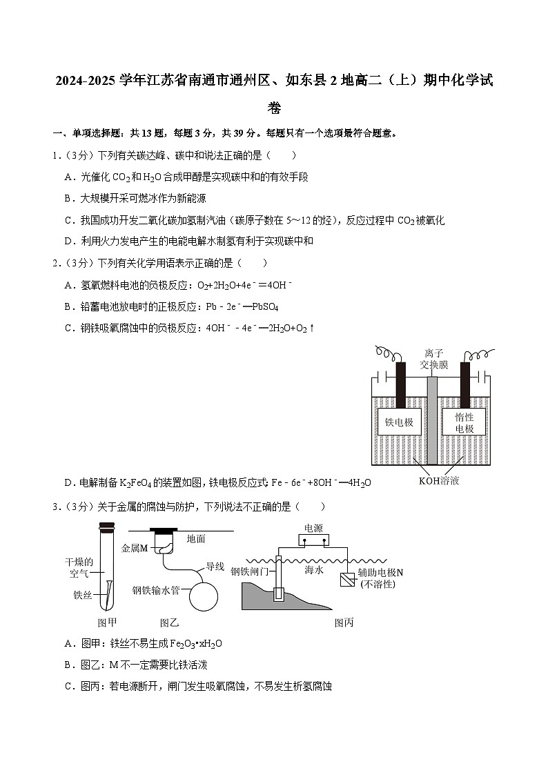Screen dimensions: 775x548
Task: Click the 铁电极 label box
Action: tap(399, 422)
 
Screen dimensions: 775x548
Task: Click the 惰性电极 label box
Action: tap(464, 422)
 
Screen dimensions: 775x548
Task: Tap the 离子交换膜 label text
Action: tap(434, 359)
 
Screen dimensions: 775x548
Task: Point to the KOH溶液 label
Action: tap(438, 480)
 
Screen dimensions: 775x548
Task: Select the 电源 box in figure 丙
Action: tap(313, 537)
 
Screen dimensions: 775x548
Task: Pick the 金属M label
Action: tap(135, 548)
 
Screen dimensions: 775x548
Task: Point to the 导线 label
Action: tap(215, 567)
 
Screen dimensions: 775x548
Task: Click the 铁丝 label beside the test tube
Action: tap(83, 594)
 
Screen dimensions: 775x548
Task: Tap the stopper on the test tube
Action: tap(106, 528)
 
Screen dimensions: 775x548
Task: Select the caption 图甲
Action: tap(106, 622)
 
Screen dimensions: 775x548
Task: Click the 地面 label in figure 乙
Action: tap(196, 538)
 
